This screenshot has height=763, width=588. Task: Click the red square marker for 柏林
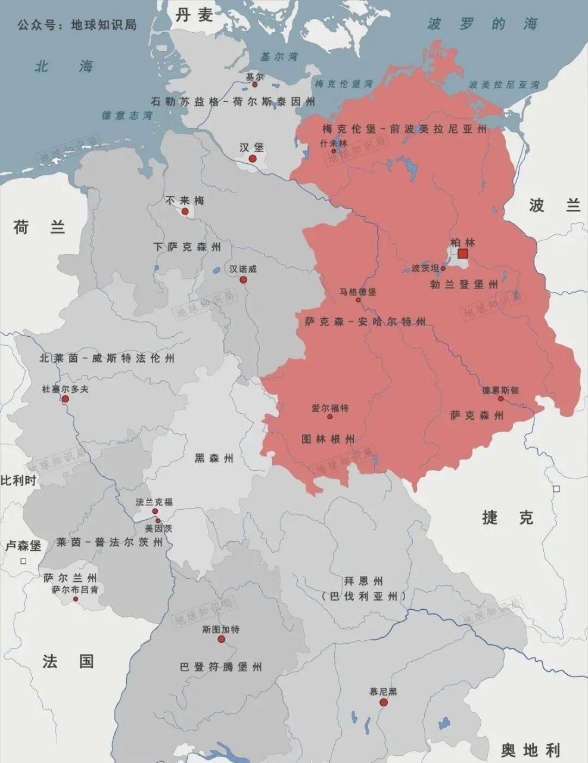click(x=463, y=255)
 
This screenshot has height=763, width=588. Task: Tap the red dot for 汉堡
click(x=253, y=159)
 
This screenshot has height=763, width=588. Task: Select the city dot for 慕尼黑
click(x=383, y=703)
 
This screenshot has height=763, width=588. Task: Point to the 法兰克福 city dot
click(x=155, y=511)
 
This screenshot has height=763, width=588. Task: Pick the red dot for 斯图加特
click(x=221, y=640)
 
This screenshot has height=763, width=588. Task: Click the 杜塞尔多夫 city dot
click(x=65, y=399)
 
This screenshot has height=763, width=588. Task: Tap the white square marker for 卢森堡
click(x=24, y=561)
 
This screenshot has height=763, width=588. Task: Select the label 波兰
click(x=554, y=206)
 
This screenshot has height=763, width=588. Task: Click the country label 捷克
click(x=508, y=517)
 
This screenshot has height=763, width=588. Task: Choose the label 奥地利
click(x=530, y=749)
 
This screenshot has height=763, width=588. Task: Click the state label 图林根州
click(x=328, y=439)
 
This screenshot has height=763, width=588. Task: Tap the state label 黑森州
click(x=214, y=458)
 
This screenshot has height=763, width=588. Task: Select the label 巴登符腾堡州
click(x=220, y=667)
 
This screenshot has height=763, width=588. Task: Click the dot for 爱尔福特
click(x=329, y=417)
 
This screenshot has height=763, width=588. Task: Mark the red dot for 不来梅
click(x=185, y=212)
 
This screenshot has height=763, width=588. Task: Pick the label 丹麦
click(x=194, y=15)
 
